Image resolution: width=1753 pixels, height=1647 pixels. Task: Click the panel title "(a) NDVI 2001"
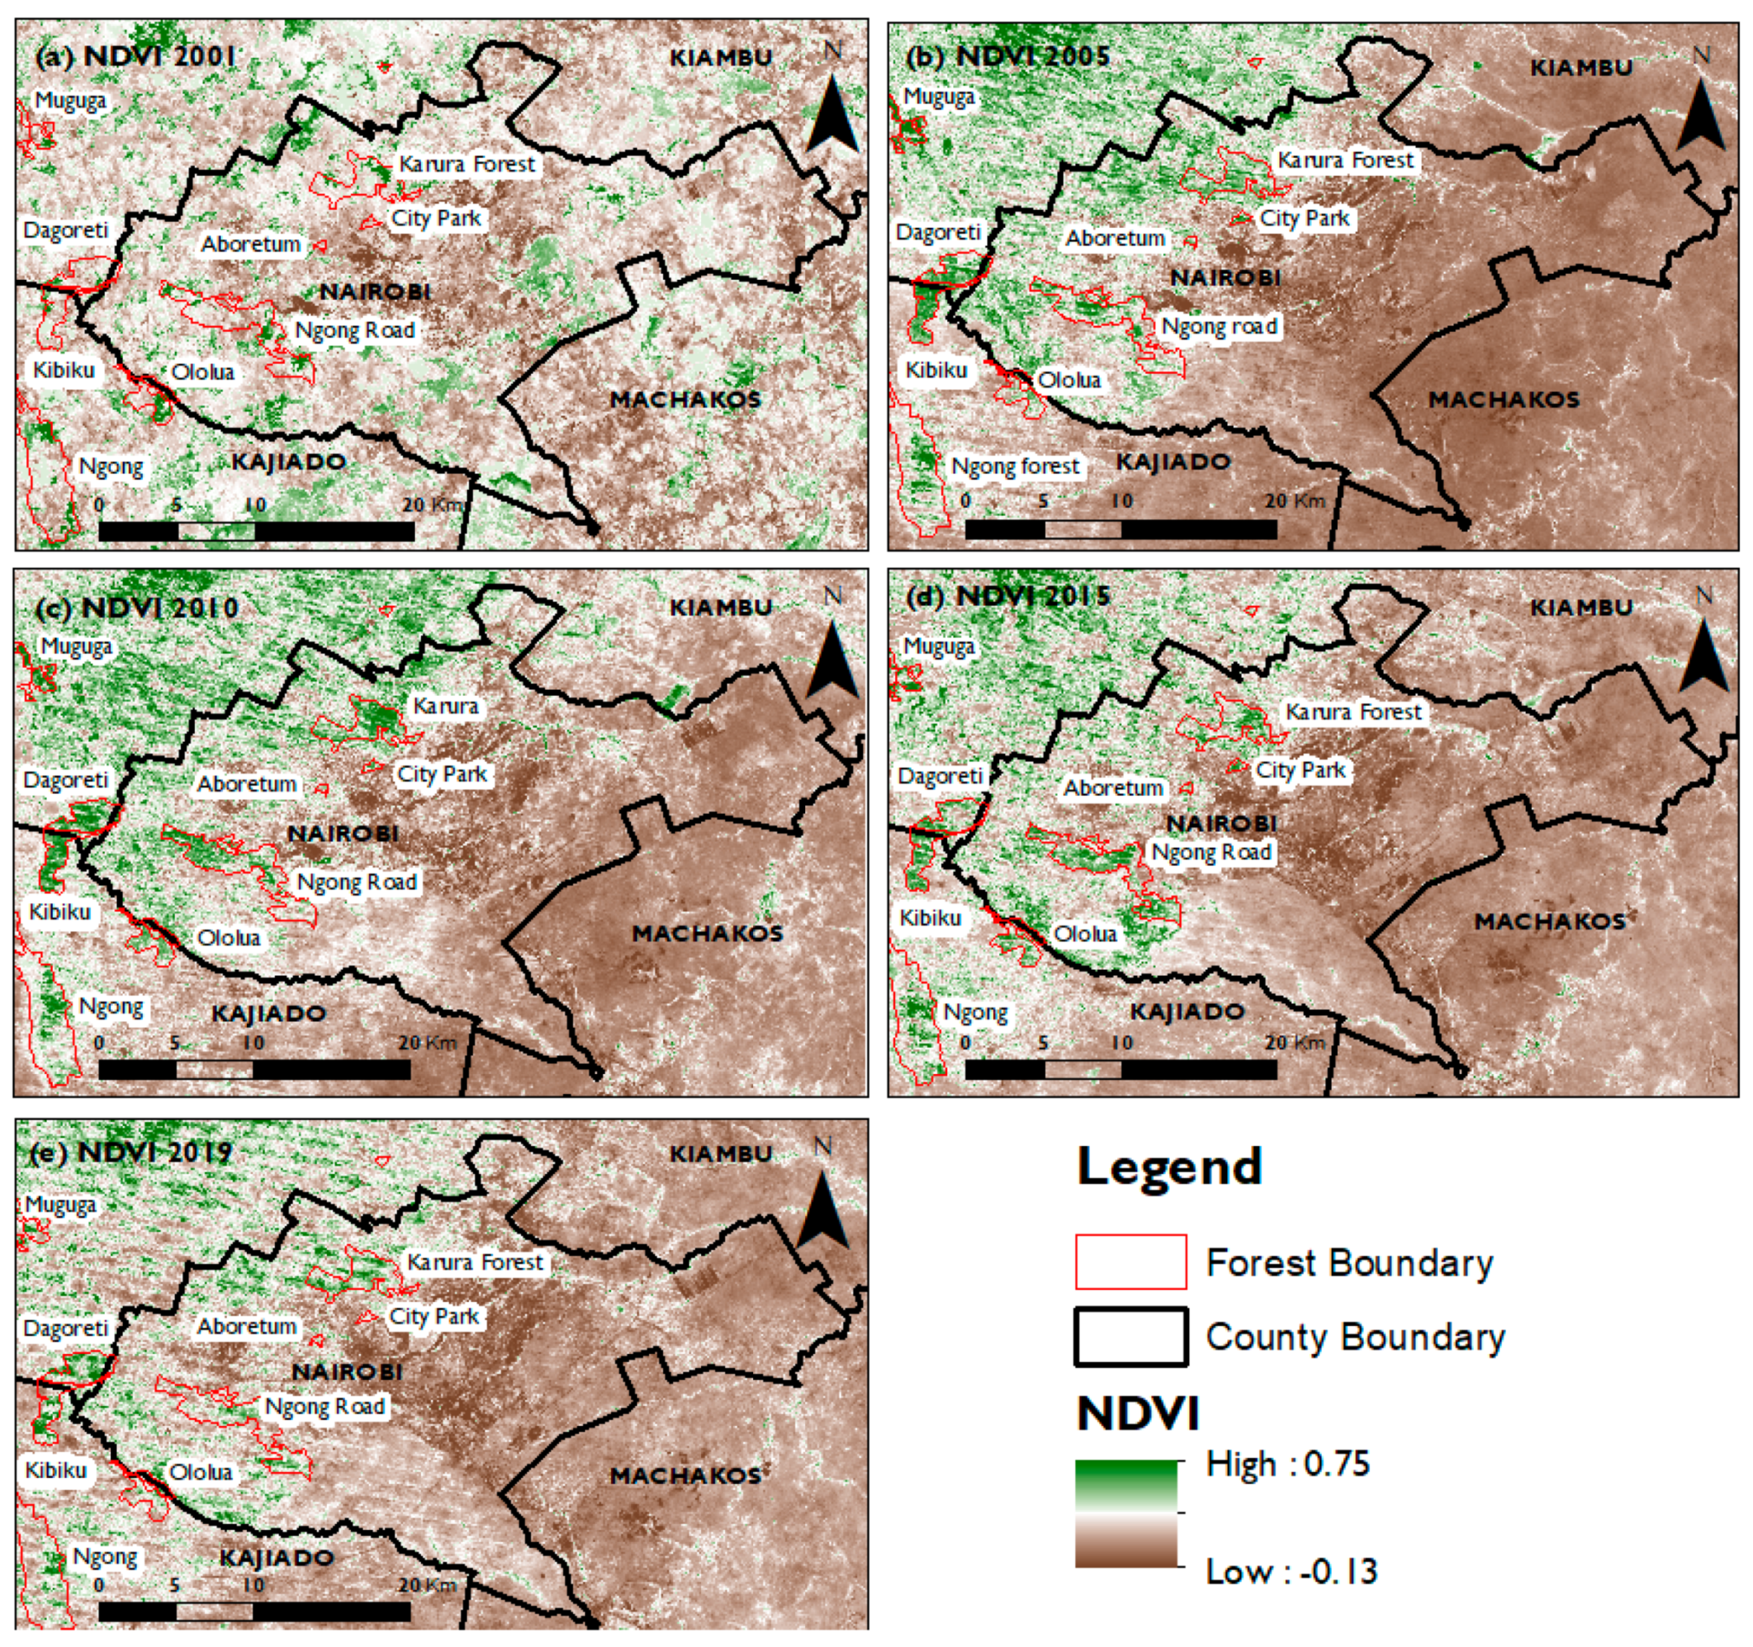(x=136, y=56)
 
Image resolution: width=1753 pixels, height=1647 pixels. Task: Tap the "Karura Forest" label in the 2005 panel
(x=1346, y=160)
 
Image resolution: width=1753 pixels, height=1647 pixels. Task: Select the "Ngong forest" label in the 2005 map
(x=1015, y=466)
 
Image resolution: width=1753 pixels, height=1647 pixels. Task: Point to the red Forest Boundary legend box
(x=1131, y=1262)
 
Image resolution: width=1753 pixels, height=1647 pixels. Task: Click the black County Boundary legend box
(x=1131, y=1337)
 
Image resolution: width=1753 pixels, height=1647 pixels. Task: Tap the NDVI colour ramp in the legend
(x=1126, y=1513)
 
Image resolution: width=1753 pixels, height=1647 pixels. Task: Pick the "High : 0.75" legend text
(x=1287, y=1464)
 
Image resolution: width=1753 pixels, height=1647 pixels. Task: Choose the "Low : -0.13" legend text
(x=1291, y=1571)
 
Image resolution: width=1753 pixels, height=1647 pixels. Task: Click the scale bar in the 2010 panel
(x=254, y=1070)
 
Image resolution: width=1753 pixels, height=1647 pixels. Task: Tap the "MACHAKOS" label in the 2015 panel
(x=1549, y=922)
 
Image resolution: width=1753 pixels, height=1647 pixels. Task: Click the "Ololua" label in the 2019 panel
(x=201, y=1472)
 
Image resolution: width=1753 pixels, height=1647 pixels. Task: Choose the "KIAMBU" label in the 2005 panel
(x=1581, y=68)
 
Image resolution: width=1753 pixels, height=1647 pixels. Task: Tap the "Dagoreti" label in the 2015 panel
(x=939, y=776)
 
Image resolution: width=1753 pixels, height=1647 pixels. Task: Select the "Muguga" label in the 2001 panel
(x=71, y=100)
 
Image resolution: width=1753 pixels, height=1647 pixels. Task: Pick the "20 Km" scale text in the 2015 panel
(x=1295, y=1042)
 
